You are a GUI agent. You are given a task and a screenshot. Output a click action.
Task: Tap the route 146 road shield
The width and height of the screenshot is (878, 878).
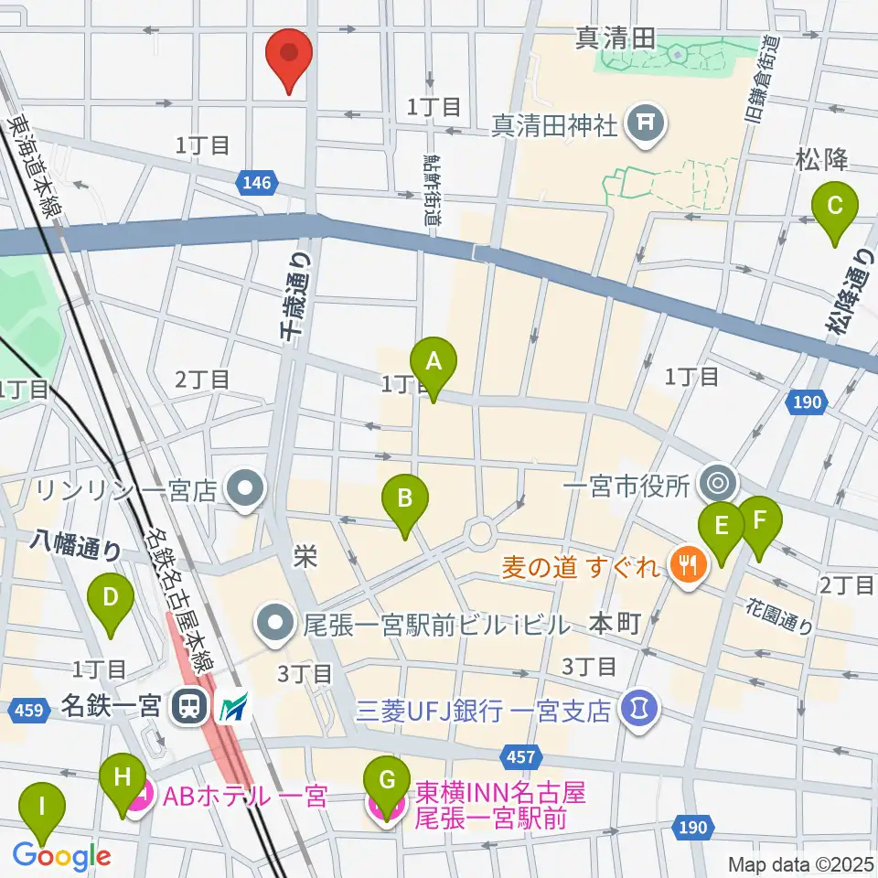tap(257, 184)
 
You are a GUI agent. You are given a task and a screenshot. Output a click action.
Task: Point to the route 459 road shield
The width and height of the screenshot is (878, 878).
tap(30, 709)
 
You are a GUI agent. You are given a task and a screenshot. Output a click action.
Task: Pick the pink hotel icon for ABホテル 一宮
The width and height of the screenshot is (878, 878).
tap(143, 797)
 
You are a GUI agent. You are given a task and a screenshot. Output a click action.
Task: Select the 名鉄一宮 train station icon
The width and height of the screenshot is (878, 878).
tap(189, 705)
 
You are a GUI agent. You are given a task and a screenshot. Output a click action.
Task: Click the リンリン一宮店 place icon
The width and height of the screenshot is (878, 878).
tap(245, 491)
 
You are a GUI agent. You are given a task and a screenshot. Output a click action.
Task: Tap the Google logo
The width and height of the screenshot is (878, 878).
tap(61, 857)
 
